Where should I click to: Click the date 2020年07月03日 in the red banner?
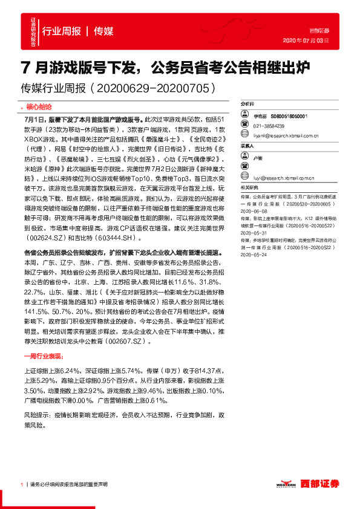(306, 41)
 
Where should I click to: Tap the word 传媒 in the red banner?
(103, 31)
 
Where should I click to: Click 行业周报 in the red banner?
(61, 31)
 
